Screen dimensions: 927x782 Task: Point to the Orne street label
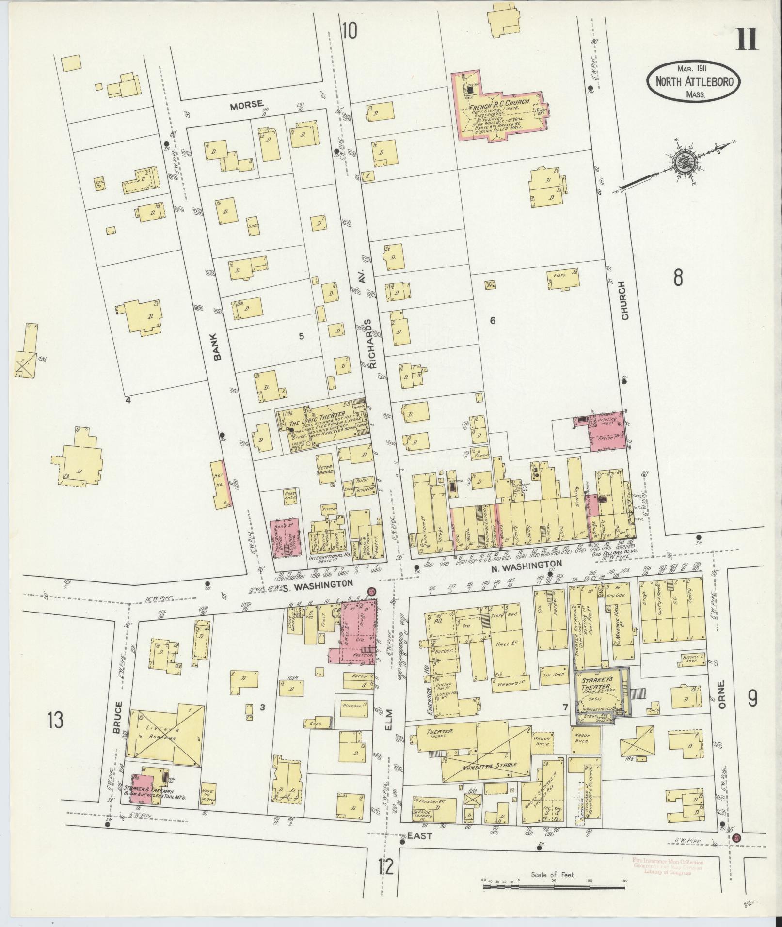pos(720,695)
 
